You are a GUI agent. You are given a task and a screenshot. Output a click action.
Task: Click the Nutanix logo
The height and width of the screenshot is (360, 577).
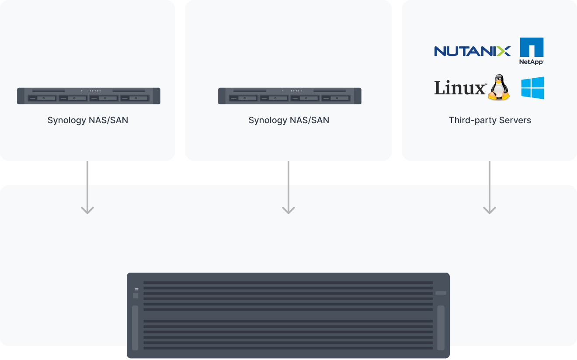(x=472, y=51)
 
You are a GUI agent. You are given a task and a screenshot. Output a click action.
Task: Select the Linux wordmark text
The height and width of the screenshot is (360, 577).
(x=460, y=88)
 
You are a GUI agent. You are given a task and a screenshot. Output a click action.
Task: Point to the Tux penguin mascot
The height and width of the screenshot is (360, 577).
(x=499, y=88)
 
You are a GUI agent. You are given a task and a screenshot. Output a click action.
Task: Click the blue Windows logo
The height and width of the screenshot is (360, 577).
(x=532, y=88)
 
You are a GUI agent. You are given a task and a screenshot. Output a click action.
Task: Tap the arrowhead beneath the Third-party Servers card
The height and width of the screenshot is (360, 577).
(x=489, y=210)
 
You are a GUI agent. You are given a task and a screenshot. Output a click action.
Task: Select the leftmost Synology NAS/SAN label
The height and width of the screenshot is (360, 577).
(x=88, y=120)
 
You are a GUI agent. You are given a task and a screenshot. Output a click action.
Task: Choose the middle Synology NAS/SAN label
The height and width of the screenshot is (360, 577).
(x=288, y=120)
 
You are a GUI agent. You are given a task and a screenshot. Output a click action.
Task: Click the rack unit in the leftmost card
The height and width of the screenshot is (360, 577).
(x=89, y=96)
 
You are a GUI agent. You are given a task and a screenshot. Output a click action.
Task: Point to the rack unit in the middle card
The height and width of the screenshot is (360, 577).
(x=290, y=96)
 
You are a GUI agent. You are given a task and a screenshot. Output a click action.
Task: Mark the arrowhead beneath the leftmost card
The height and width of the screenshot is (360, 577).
(x=87, y=210)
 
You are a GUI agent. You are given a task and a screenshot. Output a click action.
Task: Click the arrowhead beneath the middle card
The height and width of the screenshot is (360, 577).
(x=288, y=210)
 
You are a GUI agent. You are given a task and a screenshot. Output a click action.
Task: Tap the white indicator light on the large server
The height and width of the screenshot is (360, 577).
(x=136, y=289)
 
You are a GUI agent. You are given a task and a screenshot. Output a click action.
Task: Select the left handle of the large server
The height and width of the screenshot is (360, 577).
(x=135, y=327)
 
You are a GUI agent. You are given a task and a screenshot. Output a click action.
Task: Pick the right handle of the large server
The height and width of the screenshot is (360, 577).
(x=441, y=327)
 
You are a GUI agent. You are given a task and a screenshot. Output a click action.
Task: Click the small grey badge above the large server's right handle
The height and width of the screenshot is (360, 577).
(x=441, y=293)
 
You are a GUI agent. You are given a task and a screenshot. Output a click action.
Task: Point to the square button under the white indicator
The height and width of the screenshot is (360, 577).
(x=136, y=296)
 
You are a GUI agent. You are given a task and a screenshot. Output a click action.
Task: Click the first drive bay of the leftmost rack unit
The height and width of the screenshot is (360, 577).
(x=43, y=98)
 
